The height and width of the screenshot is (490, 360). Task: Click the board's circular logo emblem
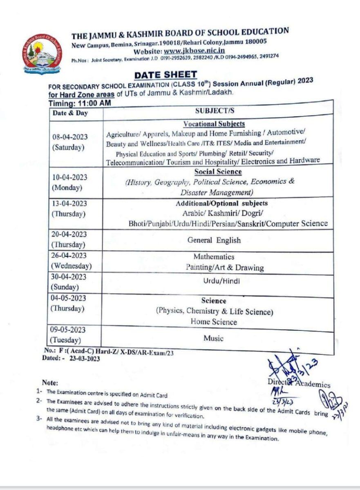pyautogui.click(x=42, y=53)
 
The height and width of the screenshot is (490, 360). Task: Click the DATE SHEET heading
pyautogui.click(x=165, y=75)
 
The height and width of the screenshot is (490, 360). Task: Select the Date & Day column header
pyautogui.click(x=70, y=113)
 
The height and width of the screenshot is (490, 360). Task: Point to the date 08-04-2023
pyautogui.click(x=69, y=137)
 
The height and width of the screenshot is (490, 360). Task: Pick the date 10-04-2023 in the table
pyautogui.click(x=69, y=177)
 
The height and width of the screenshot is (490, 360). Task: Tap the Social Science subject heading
pyautogui.click(x=218, y=172)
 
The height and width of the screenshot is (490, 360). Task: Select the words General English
pyautogui.click(x=214, y=240)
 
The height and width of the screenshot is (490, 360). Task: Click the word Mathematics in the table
pyautogui.click(x=214, y=257)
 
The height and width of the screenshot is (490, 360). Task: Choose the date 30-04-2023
pyautogui.click(x=69, y=276)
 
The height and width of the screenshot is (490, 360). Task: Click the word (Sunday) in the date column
pyautogui.click(x=65, y=287)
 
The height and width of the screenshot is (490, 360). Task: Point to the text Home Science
pyautogui.click(x=214, y=322)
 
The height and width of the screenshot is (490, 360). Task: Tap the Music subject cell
pyautogui.click(x=214, y=338)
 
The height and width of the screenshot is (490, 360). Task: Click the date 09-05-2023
pyautogui.click(x=68, y=330)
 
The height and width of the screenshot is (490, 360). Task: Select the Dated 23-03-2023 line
pyautogui.click(x=71, y=358)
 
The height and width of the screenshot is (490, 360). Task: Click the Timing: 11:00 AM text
pyautogui.click(x=80, y=104)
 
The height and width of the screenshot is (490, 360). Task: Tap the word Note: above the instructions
pyautogui.click(x=50, y=383)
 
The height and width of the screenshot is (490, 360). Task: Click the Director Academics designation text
pyautogui.click(x=299, y=383)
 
